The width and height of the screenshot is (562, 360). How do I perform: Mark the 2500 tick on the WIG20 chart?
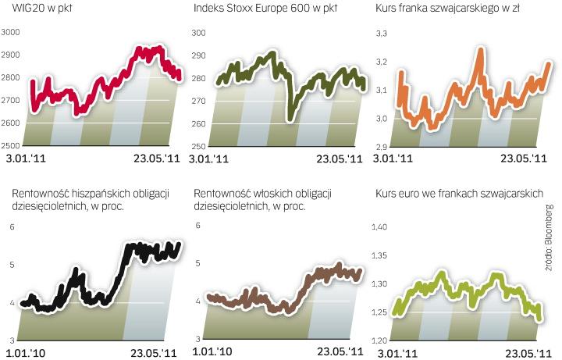tap(12, 146)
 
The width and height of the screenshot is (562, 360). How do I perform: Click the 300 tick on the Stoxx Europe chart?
tap(199, 33)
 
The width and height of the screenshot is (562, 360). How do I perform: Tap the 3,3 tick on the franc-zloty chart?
tap(382, 33)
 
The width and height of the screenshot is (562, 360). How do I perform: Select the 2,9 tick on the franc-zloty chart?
tap(382, 146)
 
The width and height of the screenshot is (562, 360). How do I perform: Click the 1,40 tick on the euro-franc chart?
tap(379, 226)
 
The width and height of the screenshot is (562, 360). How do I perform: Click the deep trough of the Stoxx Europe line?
tap(289, 116)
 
